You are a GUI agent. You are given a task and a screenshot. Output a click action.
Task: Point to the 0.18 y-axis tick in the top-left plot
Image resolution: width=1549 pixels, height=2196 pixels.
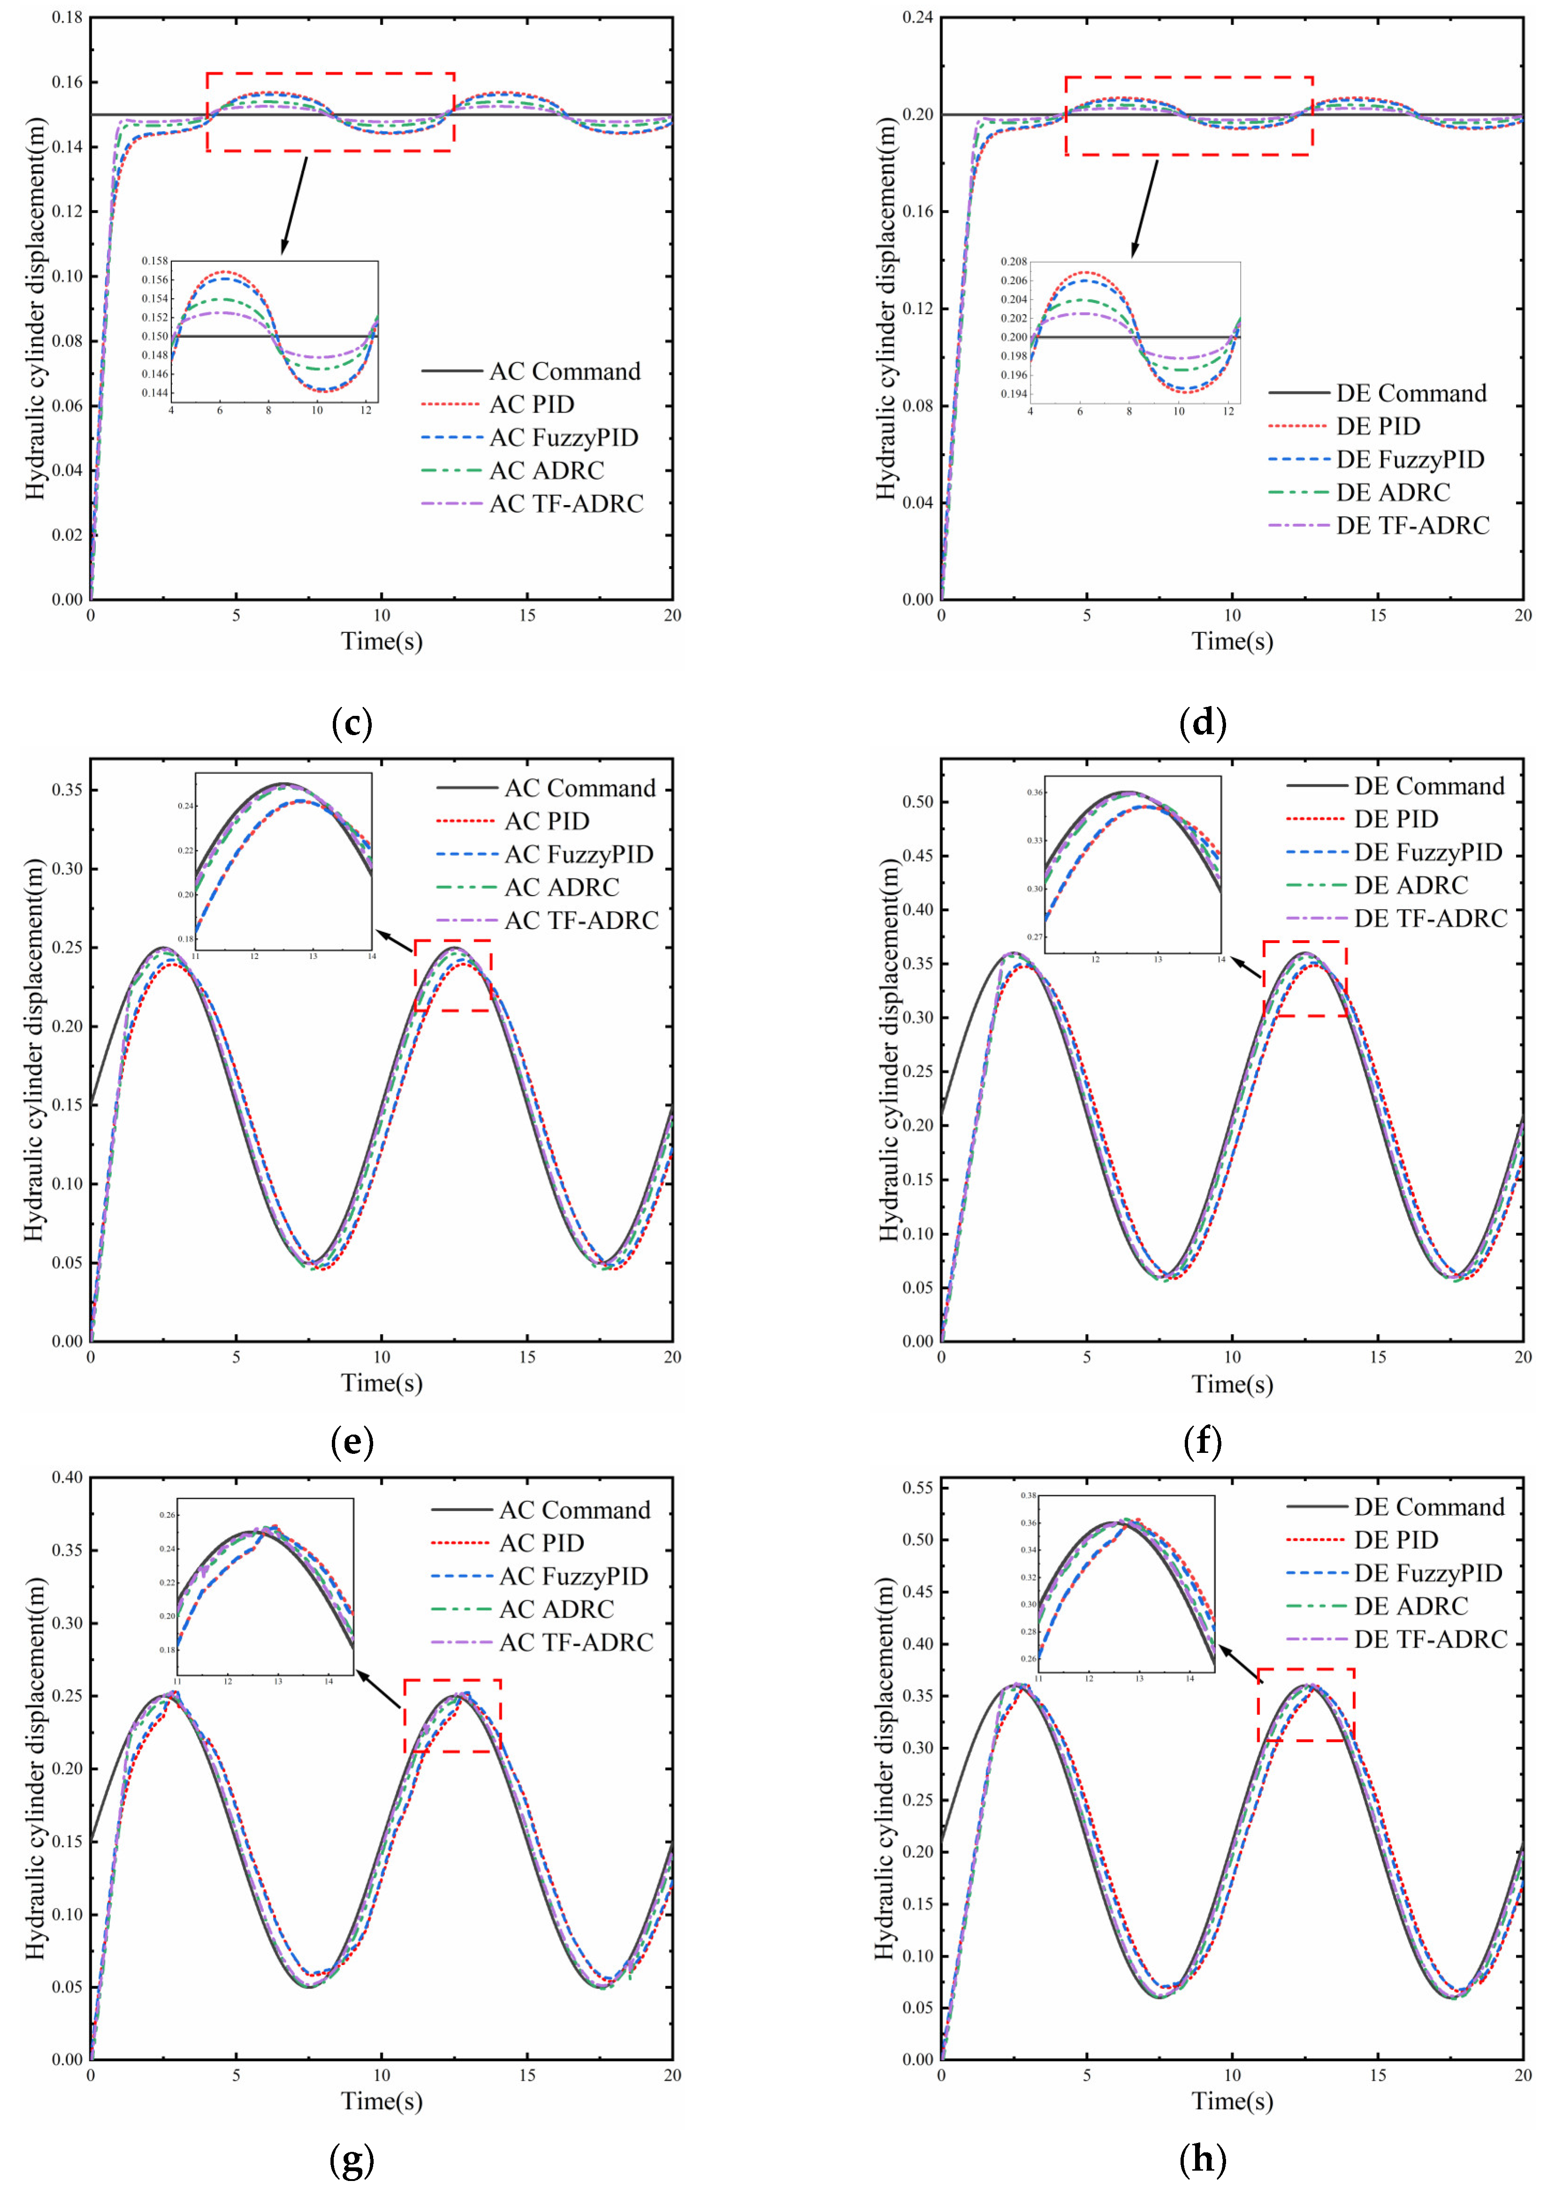click(67, 17)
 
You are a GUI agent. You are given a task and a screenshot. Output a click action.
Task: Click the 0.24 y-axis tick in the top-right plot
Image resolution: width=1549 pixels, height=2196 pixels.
click(918, 17)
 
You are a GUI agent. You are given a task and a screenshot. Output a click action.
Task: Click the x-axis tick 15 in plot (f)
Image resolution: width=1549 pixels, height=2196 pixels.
click(1377, 1357)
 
